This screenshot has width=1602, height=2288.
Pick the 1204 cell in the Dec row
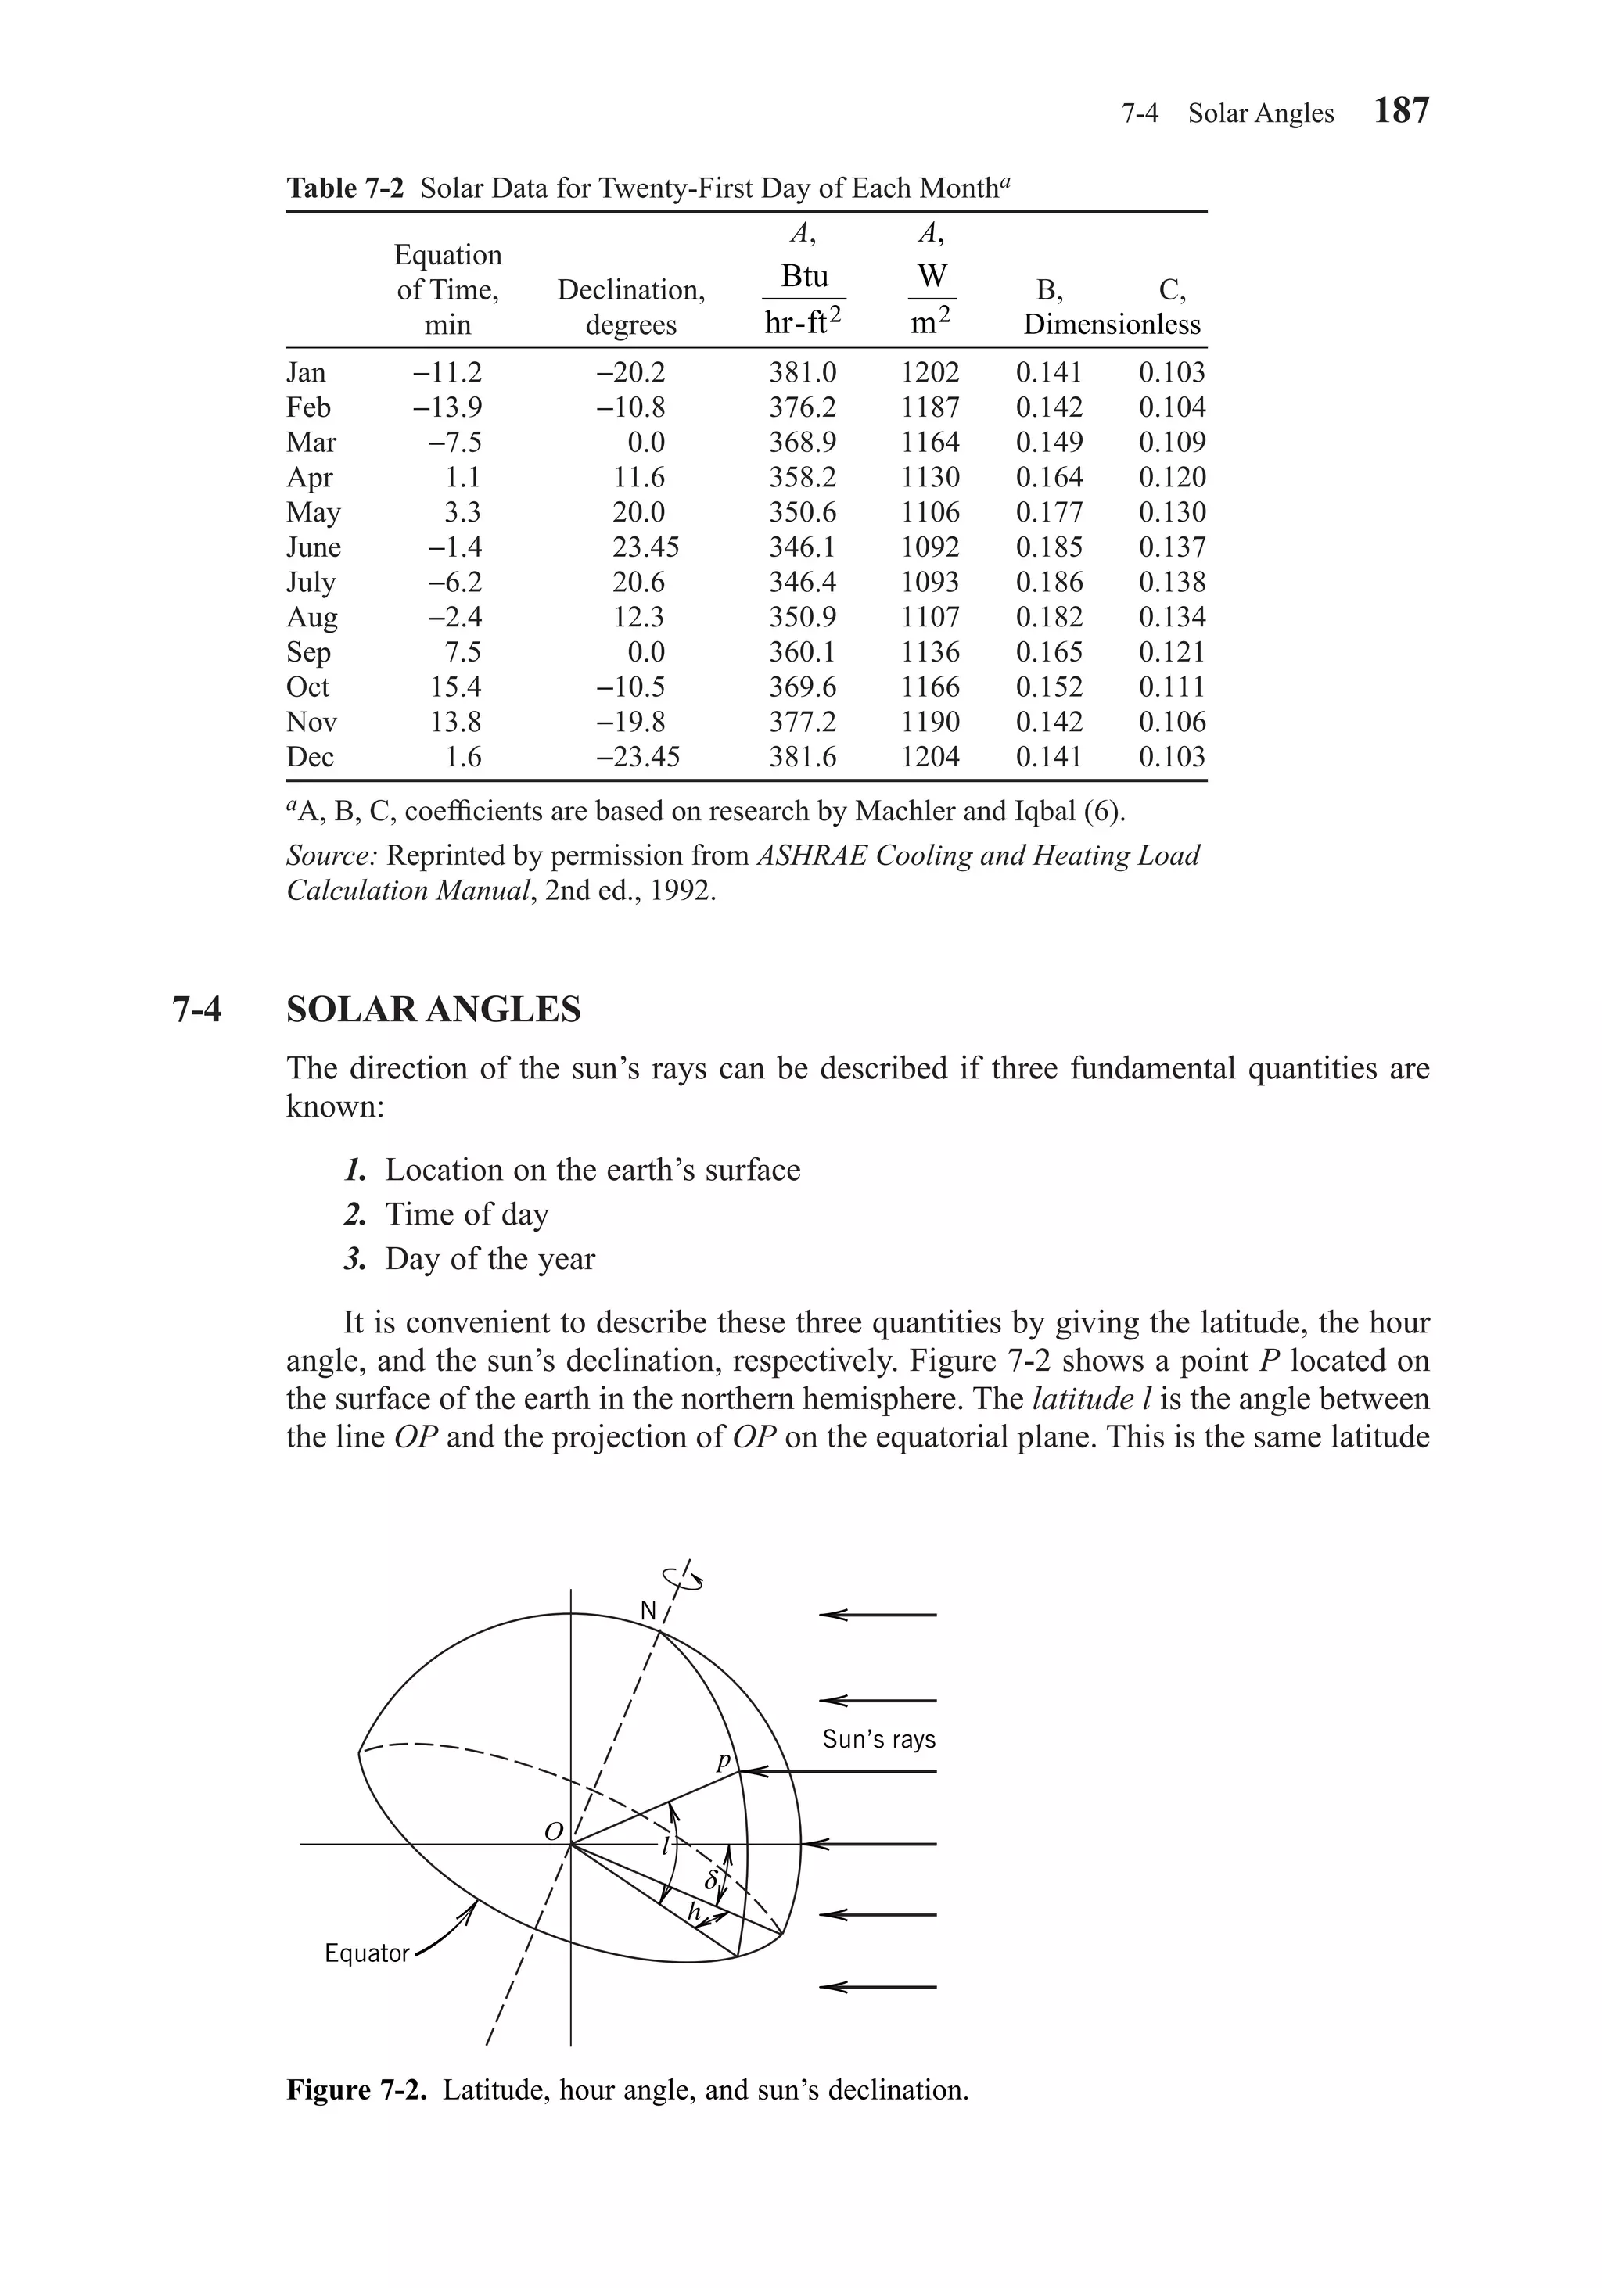tap(929, 758)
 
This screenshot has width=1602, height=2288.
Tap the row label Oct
tap(307, 687)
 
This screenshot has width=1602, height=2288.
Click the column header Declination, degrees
tap(631, 307)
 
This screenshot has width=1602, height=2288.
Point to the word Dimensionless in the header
tap(1112, 325)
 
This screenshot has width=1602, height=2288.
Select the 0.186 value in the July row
tap(1049, 582)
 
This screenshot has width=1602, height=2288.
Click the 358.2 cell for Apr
tap(802, 477)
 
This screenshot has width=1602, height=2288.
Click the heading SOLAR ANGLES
tap(433, 1010)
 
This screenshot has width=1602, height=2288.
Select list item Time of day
tap(466, 1214)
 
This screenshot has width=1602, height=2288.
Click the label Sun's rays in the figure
tap(878, 1739)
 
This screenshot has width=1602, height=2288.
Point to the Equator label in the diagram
tap(367, 1953)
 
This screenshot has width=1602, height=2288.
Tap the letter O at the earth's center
tap(553, 1831)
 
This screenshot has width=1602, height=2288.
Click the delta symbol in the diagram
tap(711, 1881)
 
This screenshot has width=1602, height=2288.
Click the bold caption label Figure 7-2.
tap(357, 2089)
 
